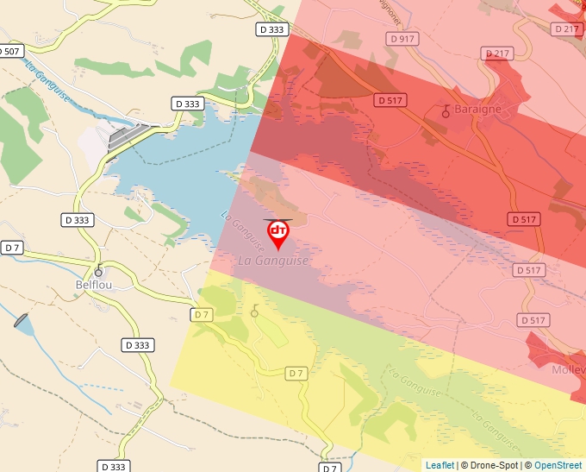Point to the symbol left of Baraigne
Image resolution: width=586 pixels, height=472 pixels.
coord(446,111)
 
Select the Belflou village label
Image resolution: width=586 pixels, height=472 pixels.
coord(94,284)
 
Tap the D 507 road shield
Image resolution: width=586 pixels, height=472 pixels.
coord(10,51)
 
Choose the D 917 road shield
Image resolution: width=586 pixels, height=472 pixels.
coord(402,39)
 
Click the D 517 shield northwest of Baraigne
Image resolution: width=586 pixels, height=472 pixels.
coord(390,100)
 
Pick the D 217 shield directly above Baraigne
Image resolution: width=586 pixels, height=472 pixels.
coord(498,53)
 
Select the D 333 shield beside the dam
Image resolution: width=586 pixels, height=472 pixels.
coord(188,104)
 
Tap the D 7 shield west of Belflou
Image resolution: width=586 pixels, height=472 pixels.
coord(12,248)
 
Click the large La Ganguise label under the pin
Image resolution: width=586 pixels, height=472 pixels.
coord(272,261)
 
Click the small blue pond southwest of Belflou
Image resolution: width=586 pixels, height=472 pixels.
coord(23,323)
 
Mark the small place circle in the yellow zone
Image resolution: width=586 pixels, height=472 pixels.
coord(254,312)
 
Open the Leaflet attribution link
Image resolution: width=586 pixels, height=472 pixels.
coord(439,465)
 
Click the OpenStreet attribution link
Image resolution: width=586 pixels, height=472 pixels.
coord(558,465)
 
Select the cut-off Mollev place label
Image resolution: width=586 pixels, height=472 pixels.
coord(568,369)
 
